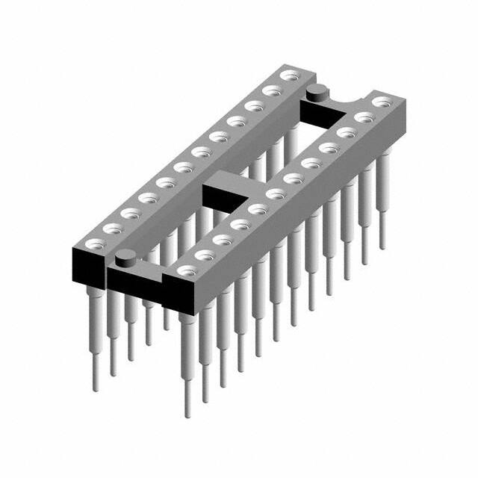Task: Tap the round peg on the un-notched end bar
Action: tap(125, 259)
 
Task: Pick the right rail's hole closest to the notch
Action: tap(382, 99)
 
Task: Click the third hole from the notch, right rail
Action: tap(346, 132)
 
